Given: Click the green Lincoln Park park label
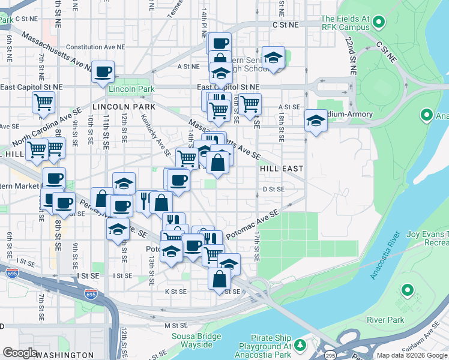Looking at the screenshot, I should [x=131, y=89].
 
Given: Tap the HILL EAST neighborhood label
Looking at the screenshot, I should [x=282, y=169].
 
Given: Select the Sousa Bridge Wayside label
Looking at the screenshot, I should [x=192, y=340].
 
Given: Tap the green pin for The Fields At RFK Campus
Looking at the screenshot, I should [x=378, y=23].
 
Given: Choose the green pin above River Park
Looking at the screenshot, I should [x=408, y=291].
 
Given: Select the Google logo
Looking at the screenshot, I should [x=20, y=353].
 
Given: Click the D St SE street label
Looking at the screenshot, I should [x=273, y=189].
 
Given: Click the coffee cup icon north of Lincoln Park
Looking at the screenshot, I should [x=103, y=72].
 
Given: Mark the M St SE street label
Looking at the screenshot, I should [x=173, y=325].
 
